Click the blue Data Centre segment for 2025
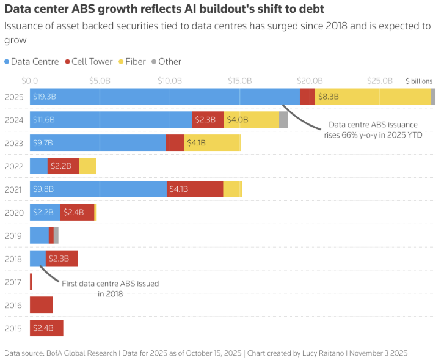coord(165,97)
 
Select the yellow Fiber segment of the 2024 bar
coord(252,120)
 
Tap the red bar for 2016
coord(42,305)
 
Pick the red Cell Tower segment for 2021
coord(195,189)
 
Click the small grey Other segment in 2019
coord(56,235)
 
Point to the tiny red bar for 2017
coord(31,282)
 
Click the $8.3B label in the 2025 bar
coord(329,97)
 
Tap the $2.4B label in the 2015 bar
coord(43,328)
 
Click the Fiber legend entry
coord(134,62)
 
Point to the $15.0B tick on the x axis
coord(239,80)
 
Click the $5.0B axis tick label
coord(100,80)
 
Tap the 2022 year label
coord(13,166)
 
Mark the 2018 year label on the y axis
coord(13,259)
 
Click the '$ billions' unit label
coord(419,81)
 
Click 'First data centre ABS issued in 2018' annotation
coord(111,288)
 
